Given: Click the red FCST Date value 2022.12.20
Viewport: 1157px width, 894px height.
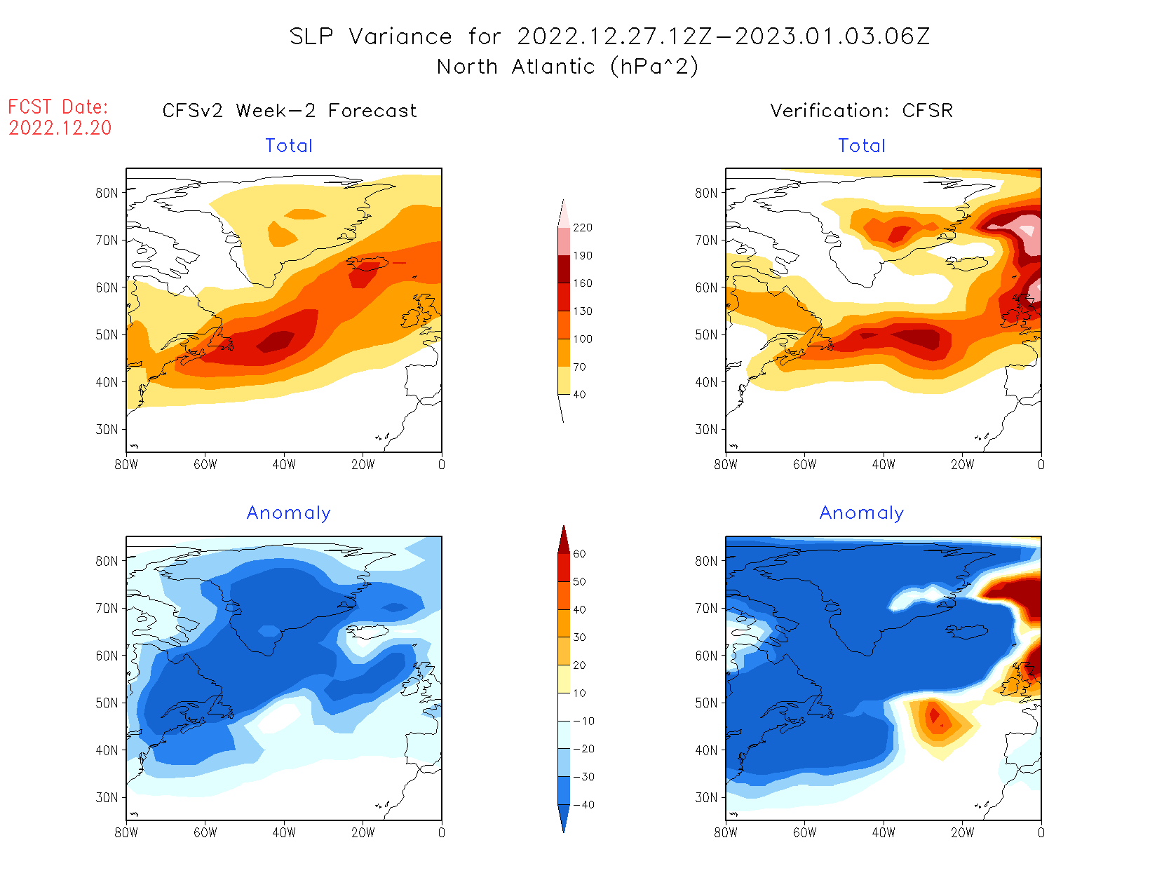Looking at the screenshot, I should coord(60,128).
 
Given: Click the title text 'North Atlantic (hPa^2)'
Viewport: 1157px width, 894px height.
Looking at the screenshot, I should coord(567,67).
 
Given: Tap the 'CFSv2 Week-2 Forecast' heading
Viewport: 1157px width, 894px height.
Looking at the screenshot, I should coord(290,111).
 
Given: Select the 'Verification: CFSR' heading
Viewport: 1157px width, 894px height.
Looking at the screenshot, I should coord(861,111).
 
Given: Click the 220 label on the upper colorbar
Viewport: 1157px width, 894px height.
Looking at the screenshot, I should coord(582,228).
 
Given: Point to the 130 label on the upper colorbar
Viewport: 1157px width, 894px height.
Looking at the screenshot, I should coord(582,311).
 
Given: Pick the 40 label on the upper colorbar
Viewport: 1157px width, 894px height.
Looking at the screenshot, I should coord(579,395).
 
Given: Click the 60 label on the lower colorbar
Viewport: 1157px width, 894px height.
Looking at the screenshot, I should coord(579,554).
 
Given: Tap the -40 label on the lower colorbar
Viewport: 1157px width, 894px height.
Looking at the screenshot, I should coord(583,805).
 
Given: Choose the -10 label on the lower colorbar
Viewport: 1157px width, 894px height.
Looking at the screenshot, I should coord(583,721).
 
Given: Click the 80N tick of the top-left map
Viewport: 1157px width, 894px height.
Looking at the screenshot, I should coord(107,193).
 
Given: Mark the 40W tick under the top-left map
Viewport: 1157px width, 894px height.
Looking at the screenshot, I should coord(284,464).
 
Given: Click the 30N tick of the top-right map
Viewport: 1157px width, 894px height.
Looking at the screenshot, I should coord(707,429).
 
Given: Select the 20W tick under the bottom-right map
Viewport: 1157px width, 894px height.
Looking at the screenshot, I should coord(962,832).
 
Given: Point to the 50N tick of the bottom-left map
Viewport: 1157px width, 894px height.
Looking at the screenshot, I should coord(107,703).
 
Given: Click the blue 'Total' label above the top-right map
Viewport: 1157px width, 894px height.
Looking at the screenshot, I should coord(862,146).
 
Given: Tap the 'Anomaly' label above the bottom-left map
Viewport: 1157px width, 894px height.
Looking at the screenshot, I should coord(288,513).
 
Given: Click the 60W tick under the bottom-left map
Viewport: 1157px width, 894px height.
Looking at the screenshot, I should coord(205,832).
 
